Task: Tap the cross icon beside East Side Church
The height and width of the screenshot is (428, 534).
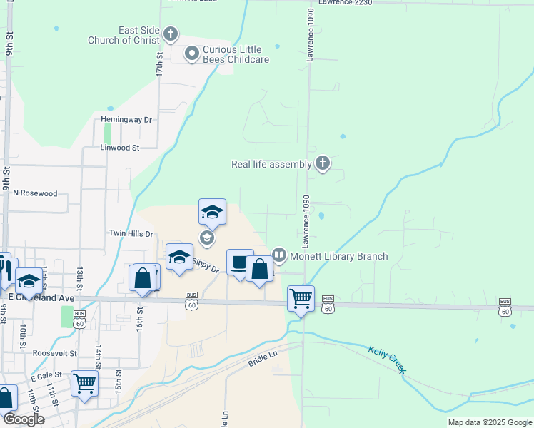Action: point(170,34)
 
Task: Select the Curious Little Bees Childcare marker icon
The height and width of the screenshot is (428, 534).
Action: point(191,53)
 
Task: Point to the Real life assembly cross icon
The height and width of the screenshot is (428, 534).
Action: point(323,164)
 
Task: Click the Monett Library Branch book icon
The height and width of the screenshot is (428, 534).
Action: point(279,255)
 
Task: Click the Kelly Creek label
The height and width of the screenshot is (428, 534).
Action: point(387,359)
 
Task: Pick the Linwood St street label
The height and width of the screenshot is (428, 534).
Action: point(120,148)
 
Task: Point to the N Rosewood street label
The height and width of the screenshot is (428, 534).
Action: point(35,193)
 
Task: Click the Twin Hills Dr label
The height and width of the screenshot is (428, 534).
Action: point(131,233)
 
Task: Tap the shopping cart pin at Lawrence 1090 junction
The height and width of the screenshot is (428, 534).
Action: point(301,298)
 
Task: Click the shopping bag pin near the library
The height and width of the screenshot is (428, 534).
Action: point(259,270)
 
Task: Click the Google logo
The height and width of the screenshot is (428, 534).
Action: point(24,419)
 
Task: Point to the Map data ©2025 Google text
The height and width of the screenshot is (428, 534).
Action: point(489,422)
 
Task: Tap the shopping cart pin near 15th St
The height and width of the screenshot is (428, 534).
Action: point(85,384)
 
